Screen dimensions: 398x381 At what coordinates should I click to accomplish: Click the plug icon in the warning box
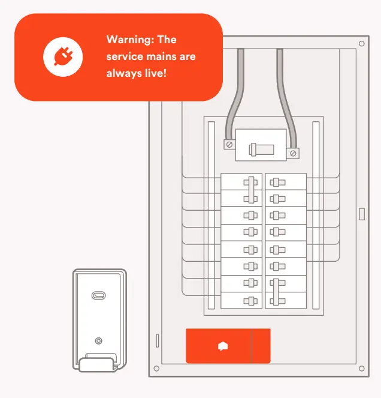(63, 57)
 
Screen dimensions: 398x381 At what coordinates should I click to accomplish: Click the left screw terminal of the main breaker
(228, 144)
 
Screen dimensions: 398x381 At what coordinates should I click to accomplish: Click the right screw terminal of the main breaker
(293, 153)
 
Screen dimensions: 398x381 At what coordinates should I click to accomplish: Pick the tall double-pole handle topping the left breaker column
(251, 190)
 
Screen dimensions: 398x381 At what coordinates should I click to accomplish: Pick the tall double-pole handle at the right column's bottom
(276, 291)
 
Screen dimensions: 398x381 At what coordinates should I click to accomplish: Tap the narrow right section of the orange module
(261, 346)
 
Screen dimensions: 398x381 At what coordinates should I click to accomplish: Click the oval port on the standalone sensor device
(98, 295)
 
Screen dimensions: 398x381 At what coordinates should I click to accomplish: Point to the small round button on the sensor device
(98, 340)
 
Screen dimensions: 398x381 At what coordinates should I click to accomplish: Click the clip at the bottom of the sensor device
(96, 364)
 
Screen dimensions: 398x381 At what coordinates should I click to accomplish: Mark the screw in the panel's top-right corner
(361, 44)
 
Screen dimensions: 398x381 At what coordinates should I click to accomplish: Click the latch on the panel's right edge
(361, 214)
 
